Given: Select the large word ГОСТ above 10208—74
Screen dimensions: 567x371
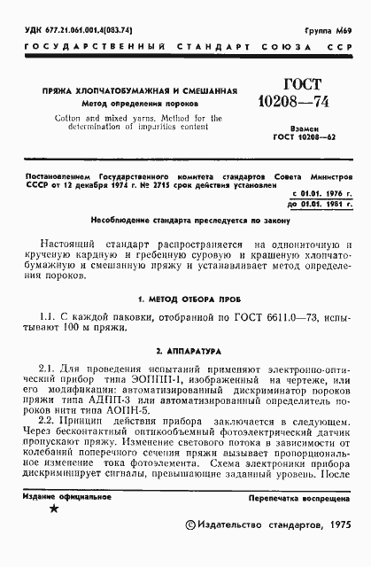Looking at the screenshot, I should coord(302,85).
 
